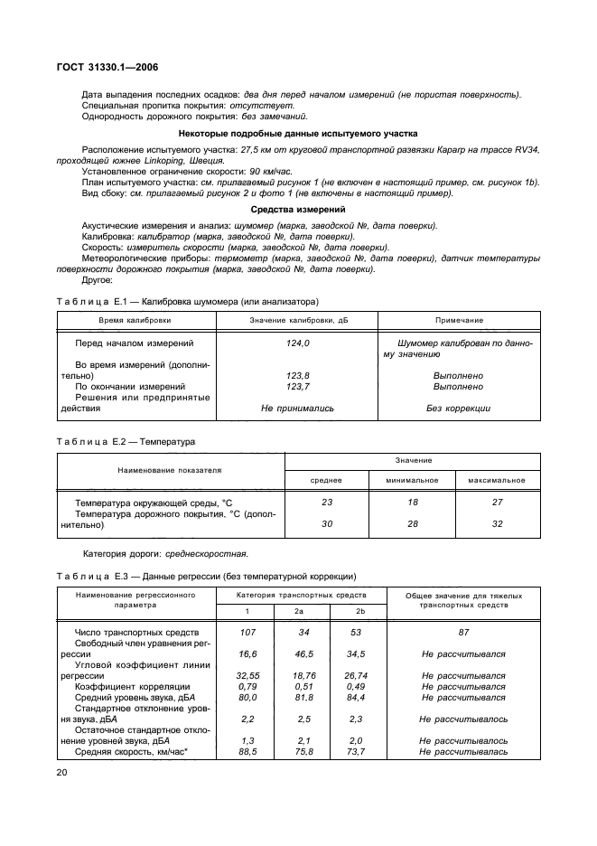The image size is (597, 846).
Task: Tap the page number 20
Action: pos(62,772)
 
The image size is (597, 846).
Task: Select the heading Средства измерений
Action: pos(297,209)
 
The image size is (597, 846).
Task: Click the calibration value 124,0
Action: pos(297,343)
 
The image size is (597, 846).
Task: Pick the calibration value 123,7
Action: pos(297,386)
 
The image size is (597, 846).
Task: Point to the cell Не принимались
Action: pos(297,408)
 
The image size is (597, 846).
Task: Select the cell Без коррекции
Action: pos(458,408)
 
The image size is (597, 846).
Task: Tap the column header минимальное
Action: pos(412,480)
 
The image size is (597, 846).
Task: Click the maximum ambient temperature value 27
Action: pos(497,501)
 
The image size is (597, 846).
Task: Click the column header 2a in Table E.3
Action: pos(298,612)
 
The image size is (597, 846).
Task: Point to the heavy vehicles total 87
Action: pos(462,633)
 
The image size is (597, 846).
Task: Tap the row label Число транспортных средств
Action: pos(135,633)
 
